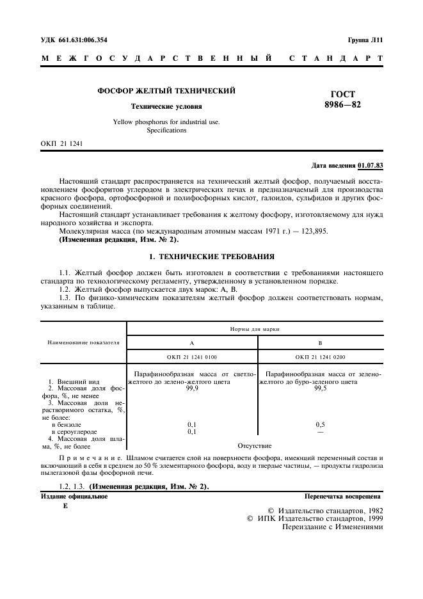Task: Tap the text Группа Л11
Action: click(365, 40)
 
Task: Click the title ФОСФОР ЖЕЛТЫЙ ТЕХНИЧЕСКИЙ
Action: click(166, 92)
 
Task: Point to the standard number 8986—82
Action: click(343, 104)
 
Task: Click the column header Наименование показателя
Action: click(84, 342)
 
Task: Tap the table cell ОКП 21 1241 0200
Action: click(321, 356)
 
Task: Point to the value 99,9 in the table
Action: click(193, 388)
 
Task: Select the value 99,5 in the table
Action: click(321, 388)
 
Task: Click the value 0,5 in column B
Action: click(321, 424)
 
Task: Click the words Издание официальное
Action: click(74, 496)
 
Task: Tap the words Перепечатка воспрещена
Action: click(343, 496)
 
